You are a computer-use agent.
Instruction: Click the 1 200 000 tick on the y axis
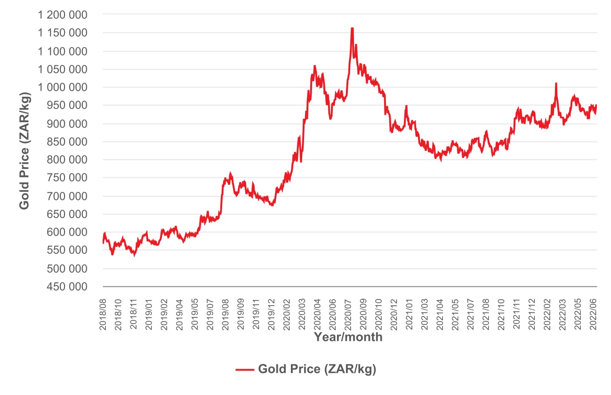(64, 15)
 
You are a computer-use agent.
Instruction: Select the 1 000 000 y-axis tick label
(64, 87)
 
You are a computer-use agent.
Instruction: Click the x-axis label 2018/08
(103, 313)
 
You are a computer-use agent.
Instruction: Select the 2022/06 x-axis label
(594, 313)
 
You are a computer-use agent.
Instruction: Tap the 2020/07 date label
(349, 313)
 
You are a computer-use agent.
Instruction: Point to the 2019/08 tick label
(226, 313)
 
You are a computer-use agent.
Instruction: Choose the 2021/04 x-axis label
(441, 313)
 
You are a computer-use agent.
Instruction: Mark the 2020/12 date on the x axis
(394, 313)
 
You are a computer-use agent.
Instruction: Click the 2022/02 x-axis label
(548, 313)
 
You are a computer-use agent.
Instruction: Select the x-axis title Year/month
(348, 337)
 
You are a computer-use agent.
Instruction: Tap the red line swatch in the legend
(245, 370)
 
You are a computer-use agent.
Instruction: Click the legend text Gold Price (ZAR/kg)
(317, 370)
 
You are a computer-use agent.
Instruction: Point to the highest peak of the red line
(352, 28)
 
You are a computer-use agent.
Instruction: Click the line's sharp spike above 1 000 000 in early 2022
(556, 83)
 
